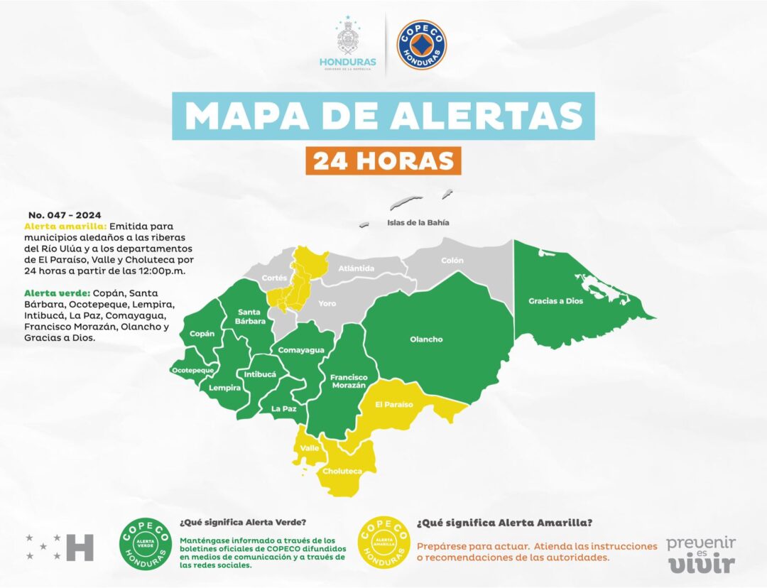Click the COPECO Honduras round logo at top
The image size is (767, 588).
point(422,45)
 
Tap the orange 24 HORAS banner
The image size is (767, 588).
point(384,160)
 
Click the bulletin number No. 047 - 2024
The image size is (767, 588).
point(65,214)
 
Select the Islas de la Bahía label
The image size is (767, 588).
point(418,222)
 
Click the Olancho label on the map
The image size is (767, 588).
point(426,339)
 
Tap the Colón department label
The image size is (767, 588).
point(452,261)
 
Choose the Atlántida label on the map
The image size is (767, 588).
point(356,268)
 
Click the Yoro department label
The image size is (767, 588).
point(327,304)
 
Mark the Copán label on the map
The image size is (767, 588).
point(202,334)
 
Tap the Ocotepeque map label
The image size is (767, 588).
point(193,371)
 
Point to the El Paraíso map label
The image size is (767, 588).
point(394,404)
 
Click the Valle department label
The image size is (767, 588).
point(310,448)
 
